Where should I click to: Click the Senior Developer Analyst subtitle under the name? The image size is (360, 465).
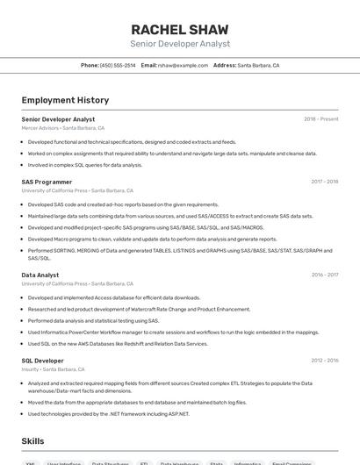pos(179,43)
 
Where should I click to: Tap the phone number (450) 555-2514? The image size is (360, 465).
pos(118,65)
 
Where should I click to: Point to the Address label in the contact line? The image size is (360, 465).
pos(225,65)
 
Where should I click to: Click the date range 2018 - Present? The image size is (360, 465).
pos(320,119)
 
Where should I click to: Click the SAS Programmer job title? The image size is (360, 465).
pos(47,182)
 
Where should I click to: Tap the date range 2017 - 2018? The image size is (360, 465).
pos(324,182)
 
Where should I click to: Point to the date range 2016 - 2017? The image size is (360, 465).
pos(324,275)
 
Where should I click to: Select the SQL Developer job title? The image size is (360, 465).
pos(43,361)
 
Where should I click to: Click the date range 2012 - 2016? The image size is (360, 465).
pos(324,361)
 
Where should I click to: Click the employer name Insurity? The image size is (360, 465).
pos(31,369)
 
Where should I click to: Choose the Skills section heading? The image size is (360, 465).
pos(32,441)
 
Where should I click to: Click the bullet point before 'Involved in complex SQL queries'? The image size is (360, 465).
pos(23,164)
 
